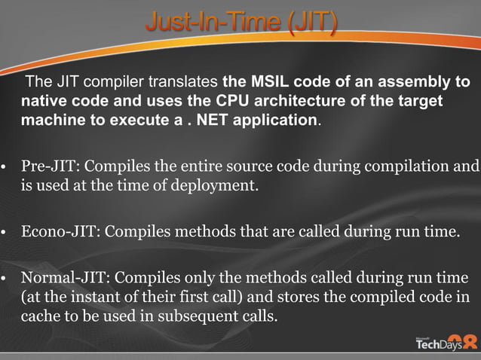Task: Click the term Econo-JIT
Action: (x=56, y=231)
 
